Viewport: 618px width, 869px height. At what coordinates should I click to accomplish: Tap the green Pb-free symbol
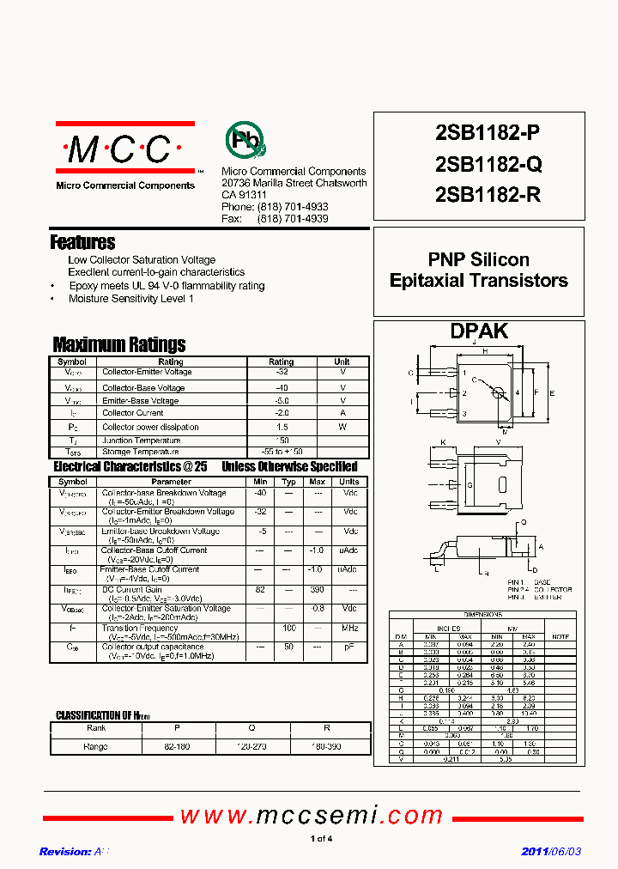click(x=245, y=139)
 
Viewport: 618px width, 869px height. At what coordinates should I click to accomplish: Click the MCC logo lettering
click(x=119, y=149)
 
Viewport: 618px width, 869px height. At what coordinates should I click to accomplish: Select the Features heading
click(x=82, y=242)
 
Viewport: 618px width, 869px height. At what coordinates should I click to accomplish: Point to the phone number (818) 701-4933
click(x=292, y=208)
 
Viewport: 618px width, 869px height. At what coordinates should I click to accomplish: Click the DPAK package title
click(x=479, y=331)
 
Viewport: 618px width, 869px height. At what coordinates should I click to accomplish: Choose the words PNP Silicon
click(x=479, y=259)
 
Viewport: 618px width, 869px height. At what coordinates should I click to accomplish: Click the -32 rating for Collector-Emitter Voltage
click(x=282, y=373)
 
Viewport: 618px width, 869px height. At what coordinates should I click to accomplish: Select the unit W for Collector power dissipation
click(x=342, y=427)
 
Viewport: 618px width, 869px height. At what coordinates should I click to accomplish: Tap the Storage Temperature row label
click(x=141, y=452)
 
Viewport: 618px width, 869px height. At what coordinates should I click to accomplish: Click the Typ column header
click(x=289, y=482)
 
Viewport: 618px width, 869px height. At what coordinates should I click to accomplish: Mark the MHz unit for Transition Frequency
click(x=349, y=629)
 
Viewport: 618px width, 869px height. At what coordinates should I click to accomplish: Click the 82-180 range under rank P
click(x=176, y=747)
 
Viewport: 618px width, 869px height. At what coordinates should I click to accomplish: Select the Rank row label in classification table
click(x=96, y=727)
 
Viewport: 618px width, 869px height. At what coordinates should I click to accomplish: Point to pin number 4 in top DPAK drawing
click(x=517, y=392)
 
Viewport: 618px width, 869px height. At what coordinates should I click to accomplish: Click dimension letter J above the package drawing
click(x=474, y=342)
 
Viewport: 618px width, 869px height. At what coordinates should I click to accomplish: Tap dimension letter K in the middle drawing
click(x=444, y=443)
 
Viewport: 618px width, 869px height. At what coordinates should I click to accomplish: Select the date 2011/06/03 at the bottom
click(x=551, y=852)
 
